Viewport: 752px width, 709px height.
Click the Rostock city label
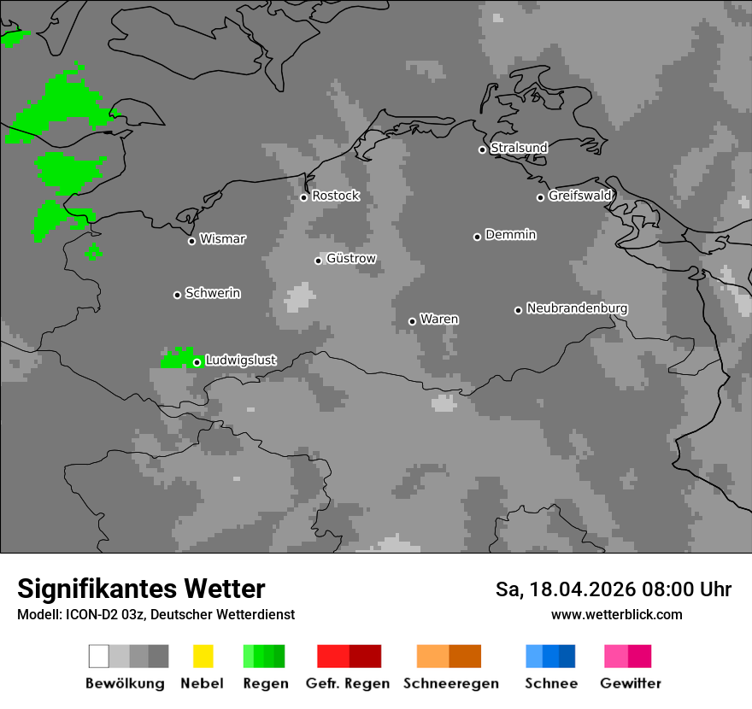[335, 196]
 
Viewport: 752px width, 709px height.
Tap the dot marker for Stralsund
[482, 149]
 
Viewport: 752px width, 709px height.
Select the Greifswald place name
[580, 196]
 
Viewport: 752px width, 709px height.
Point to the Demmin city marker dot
[477, 237]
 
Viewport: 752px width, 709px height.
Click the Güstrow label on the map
[351, 259]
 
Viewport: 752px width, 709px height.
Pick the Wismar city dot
[191, 241]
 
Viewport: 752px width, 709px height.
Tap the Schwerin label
[213, 293]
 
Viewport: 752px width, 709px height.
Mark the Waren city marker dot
[412, 321]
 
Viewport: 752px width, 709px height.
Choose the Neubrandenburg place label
[577, 308]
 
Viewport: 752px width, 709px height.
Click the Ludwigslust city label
[240, 360]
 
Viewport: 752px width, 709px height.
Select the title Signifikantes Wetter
[141, 589]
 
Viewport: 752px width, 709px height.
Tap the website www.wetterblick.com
[616, 614]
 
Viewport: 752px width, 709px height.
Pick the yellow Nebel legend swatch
[203, 656]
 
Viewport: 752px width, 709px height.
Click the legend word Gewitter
[631, 683]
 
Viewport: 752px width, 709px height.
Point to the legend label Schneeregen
[451, 683]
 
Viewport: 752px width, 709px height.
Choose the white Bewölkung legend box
[98, 656]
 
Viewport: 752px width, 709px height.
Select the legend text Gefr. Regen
[348, 683]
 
